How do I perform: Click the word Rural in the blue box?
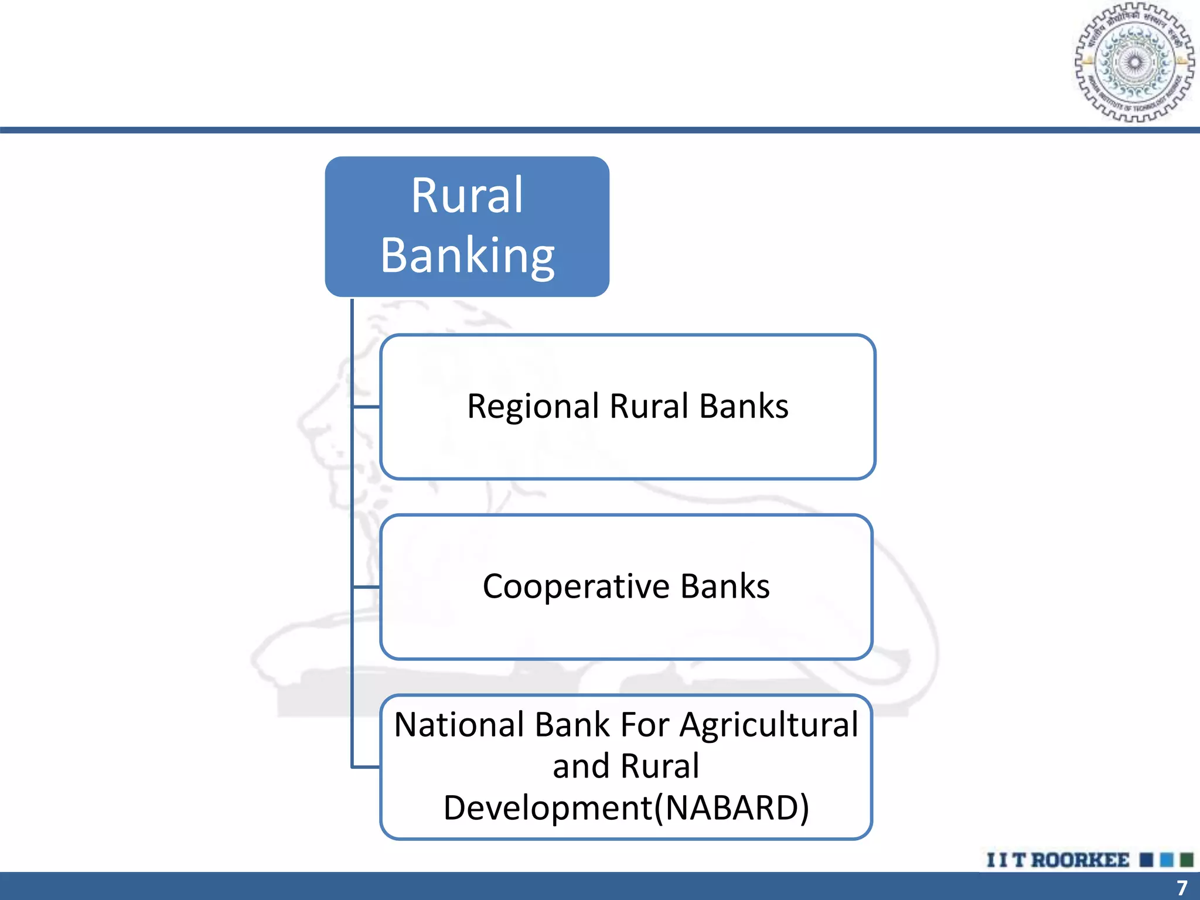coord(467,195)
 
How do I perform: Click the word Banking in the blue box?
coord(467,255)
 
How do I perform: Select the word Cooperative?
coord(575,587)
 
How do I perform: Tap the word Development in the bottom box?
coord(547,808)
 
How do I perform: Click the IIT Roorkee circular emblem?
coord(1134,62)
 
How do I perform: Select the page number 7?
coord(1182,887)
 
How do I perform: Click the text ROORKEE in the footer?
coord(1080,860)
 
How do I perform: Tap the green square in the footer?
coord(1187,860)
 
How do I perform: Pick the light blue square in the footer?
coord(1167,860)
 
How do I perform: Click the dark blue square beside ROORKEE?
coord(1147,860)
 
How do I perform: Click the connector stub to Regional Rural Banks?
coord(367,407)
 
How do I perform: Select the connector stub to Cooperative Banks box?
coord(367,587)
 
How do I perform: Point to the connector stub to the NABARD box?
coord(367,766)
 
